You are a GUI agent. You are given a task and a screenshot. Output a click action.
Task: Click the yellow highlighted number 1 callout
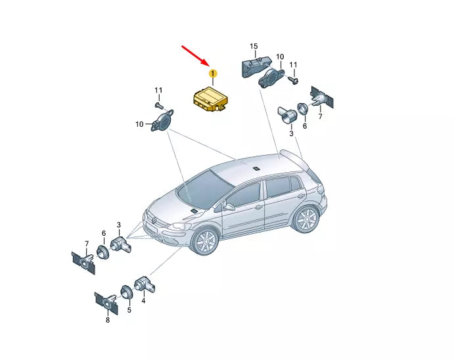click(213, 74)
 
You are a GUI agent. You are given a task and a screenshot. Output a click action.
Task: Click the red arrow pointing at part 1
click(195, 55)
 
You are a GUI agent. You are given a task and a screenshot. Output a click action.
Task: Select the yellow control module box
click(210, 99)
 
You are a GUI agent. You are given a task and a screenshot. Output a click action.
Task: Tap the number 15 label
click(254, 46)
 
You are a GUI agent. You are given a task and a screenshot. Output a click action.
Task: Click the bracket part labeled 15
click(256, 66)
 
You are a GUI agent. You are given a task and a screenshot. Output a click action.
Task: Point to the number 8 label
click(108, 320)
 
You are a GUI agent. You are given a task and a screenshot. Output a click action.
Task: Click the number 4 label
click(143, 301)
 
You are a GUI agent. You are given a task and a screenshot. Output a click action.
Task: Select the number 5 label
click(129, 310)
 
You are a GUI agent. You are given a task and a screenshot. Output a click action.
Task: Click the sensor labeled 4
click(145, 284)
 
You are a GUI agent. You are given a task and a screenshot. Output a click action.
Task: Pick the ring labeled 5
click(127, 292)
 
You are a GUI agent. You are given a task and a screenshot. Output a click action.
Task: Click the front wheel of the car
click(205, 241)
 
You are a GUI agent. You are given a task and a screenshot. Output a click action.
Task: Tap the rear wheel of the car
click(307, 219)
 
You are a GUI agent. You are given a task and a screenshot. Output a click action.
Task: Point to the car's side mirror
click(229, 206)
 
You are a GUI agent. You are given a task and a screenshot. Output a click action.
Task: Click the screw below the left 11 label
click(159, 106)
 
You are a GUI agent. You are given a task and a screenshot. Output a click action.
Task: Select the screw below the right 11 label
click(294, 80)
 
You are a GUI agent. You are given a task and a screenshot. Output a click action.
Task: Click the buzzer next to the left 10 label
click(162, 121)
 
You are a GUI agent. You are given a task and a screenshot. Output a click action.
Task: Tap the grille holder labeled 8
click(106, 304)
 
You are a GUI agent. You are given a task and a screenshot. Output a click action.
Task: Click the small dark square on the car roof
click(256, 168)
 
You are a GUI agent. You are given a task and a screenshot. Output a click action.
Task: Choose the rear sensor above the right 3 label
click(287, 115)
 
